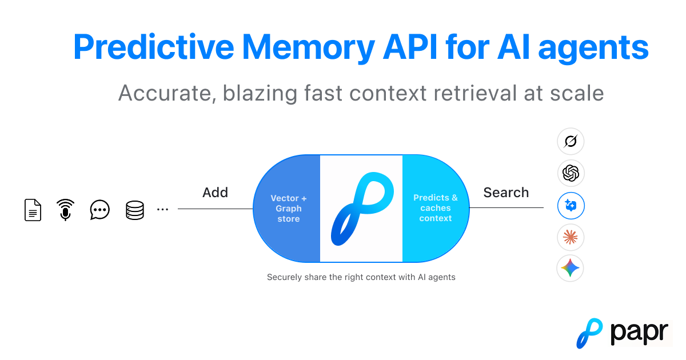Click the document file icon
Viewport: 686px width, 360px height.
click(33, 210)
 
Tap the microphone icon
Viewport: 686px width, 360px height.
click(66, 210)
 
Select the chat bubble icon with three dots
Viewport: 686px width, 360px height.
click(100, 210)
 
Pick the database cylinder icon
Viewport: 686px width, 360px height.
click(135, 210)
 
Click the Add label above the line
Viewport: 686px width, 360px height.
click(215, 193)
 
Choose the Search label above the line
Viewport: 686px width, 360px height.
click(506, 193)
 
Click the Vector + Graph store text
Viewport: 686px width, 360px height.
click(288, 209)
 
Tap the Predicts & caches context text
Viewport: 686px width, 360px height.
click(436, 208)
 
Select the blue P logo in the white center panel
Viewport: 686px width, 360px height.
click(361, 209)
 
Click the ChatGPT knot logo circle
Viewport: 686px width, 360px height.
click(571, 173)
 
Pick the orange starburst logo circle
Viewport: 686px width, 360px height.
click(571, 237)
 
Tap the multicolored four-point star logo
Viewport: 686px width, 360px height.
click(571, 268)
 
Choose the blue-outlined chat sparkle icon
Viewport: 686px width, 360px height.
click(571, 205)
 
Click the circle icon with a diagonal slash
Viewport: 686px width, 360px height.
click(571, 141)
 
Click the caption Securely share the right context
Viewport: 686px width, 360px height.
click(361, 277)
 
